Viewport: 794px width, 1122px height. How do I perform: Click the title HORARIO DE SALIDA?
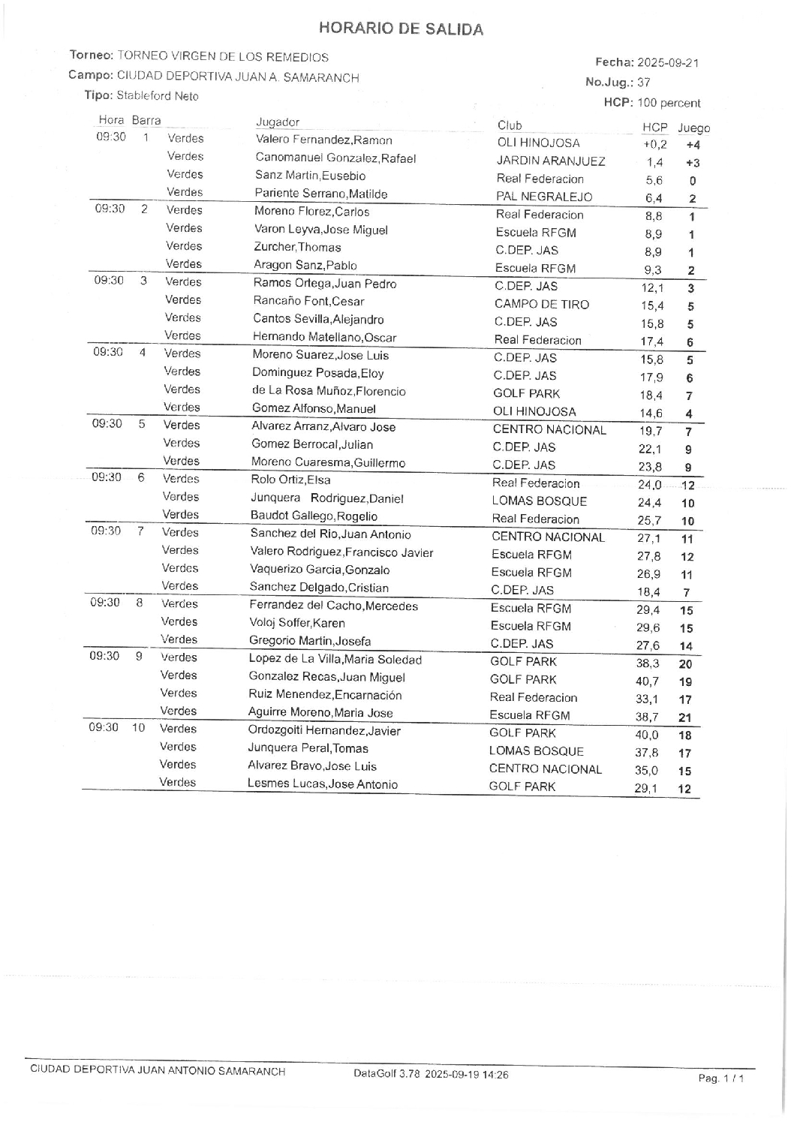pos(401,29)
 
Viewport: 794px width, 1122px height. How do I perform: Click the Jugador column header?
pos(278,122)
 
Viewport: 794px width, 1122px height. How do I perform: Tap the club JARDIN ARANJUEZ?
pos(551,161)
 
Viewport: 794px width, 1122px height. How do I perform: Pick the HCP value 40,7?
pos(647,681)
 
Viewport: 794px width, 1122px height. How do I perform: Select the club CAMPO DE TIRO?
pos(541,305)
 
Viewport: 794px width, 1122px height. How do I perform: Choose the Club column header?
pos(510,125)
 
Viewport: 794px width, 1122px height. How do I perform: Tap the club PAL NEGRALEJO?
pos(544,197)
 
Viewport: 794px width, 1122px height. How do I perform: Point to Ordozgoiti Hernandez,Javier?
pos(324,731)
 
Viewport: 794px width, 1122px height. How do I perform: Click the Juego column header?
pos(693,128)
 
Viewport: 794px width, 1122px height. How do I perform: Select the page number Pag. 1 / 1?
pos(720,1078)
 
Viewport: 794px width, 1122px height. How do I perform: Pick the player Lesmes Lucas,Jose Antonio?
pos(323,784)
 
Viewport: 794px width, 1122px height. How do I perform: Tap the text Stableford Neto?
pos(158,96)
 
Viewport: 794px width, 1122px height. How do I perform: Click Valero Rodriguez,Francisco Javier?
pos(341,553)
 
